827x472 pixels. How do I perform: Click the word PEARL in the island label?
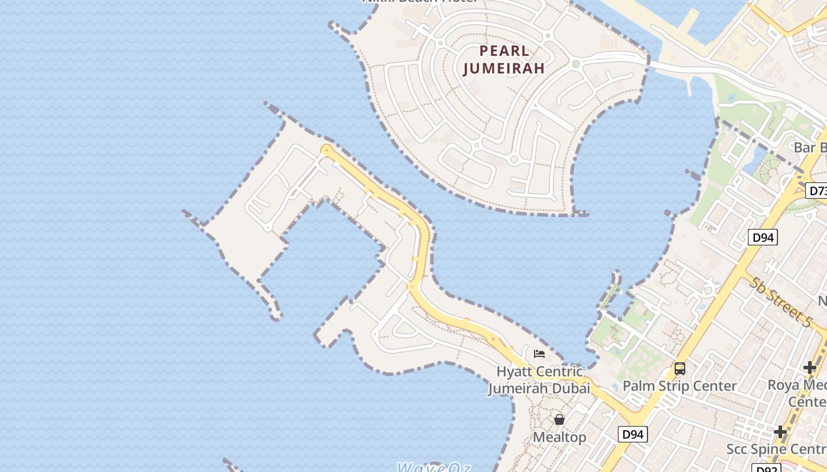click(x=504, y=51)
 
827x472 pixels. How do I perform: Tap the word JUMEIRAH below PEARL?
click(x=504, y=68)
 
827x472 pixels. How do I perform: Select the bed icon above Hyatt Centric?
click(x=539, y=354)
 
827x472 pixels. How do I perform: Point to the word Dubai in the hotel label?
click(x=571, y=388)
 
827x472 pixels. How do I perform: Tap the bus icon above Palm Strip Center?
click(x=680, y=369)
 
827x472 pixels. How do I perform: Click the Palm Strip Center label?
click(x=680, y=386)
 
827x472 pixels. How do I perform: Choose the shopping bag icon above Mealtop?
click(x=559, y=419)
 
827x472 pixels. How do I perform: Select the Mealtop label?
click(x=559, y=437)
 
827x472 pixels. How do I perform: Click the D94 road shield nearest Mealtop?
click(x=633, y=434)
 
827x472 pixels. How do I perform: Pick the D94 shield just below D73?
click(x=763, y=238)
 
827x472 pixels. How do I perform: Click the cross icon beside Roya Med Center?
click(x=809, y=368)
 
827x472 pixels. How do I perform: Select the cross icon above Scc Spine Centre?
click(x=780, y=432)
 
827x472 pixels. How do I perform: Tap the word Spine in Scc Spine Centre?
click(x=772, y=449)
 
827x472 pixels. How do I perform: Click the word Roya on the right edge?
click(x=783, y=385)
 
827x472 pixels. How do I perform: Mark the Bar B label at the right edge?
click(x=810, y=147)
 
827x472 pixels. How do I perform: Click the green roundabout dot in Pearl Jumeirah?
click(x=575, y=64)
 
